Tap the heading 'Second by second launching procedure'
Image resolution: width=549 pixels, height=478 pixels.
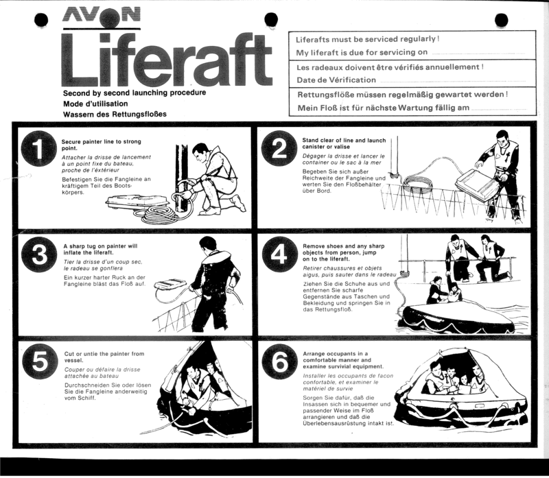point(135,93)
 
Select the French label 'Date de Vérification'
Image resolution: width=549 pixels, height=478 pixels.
point(336,80)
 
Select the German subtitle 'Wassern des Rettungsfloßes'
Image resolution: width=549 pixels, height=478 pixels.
point(115,114)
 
